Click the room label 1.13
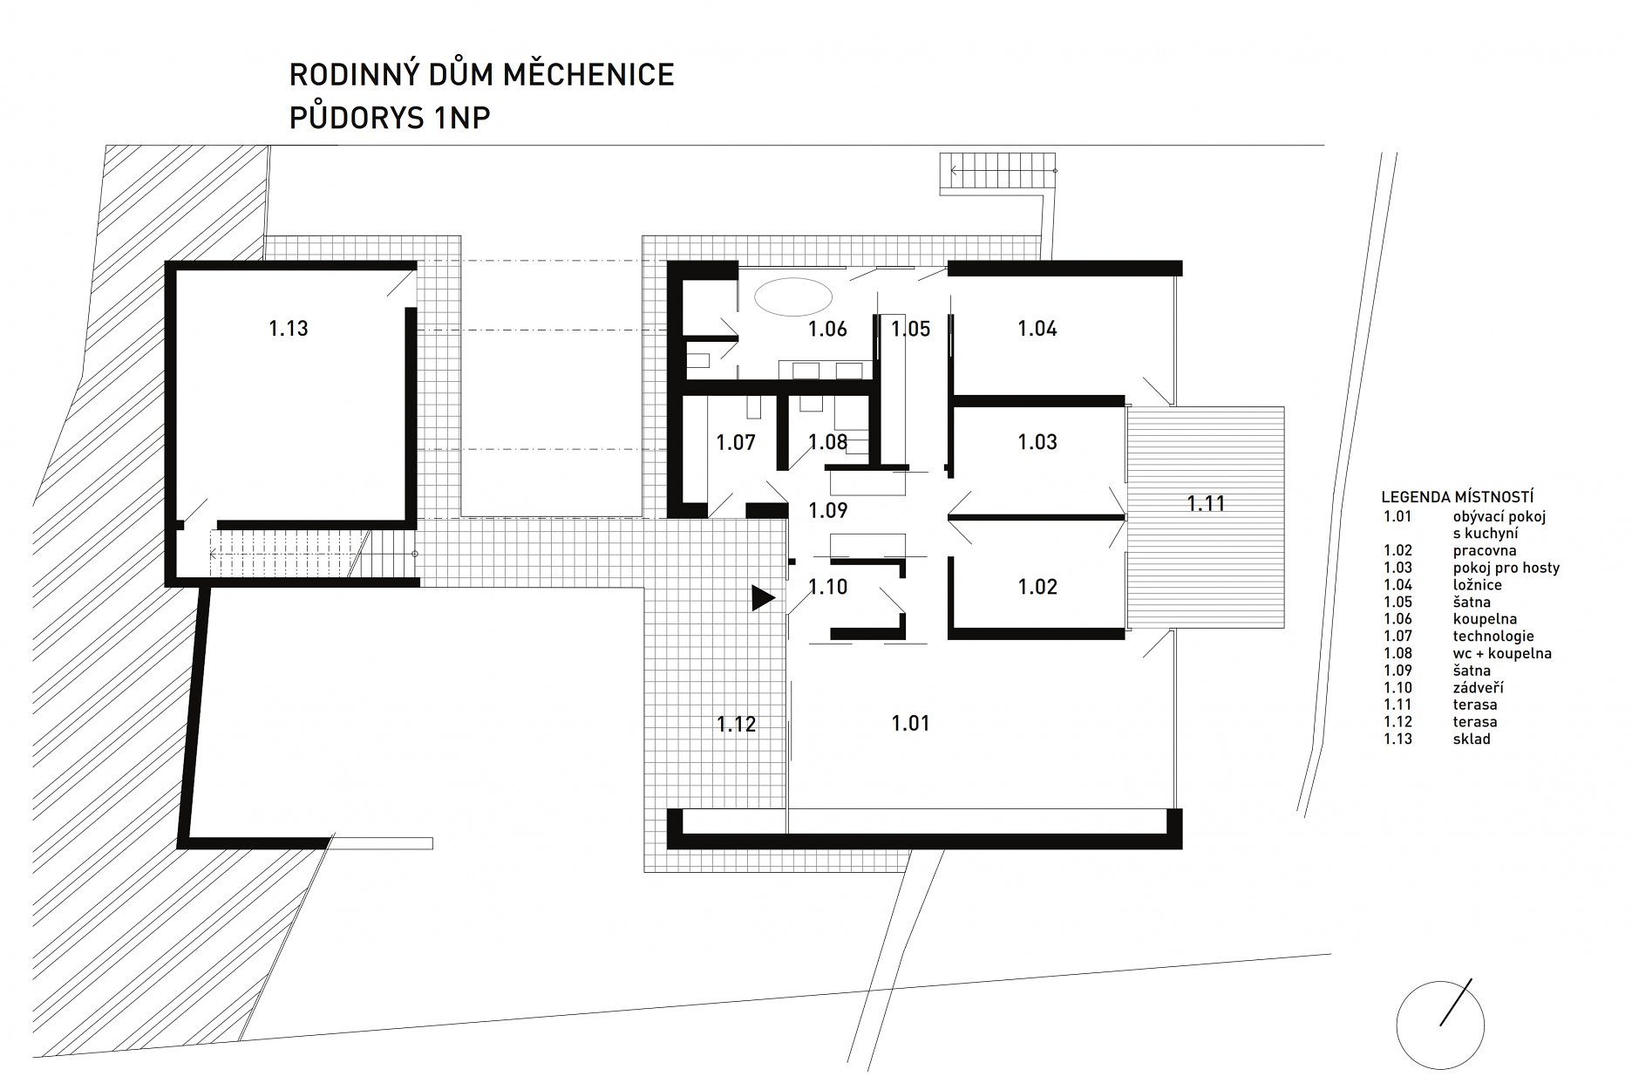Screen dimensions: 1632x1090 [288, 329]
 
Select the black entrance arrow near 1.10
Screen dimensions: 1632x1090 [763, 597]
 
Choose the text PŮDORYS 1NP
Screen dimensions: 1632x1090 [390, 118]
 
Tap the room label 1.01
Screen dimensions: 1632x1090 [910, 723]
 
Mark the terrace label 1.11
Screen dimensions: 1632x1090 [1207, 503]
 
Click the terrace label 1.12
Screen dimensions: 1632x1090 [736, 724]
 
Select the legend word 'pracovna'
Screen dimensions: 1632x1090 [1485, 551]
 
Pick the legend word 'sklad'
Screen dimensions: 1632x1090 [1472, 739]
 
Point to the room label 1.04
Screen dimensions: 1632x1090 [1037, 329]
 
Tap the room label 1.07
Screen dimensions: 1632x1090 [736, 442]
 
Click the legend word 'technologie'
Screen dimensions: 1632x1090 [1493, 637]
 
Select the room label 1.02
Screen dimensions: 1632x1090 [1037, 587]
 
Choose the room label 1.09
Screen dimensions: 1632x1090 [828, 510]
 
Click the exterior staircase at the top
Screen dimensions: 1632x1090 [999, 171]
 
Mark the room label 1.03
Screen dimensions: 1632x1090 [1037, 442]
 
